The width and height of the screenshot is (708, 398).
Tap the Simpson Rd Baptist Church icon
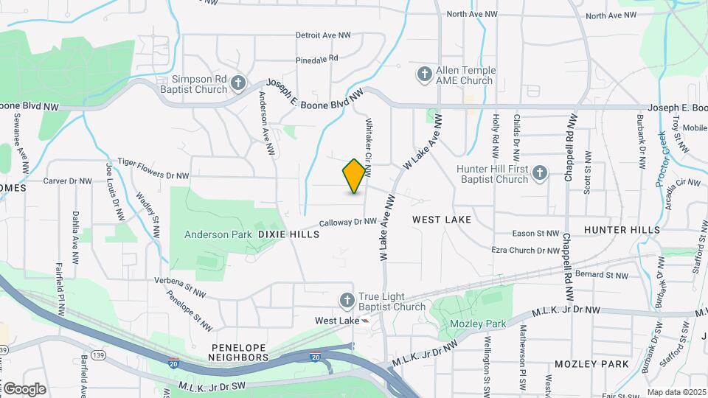[x=237, y=83]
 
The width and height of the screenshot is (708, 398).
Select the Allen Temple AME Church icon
[x=424, y=74]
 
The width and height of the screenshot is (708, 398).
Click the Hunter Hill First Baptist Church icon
[x=539, y=173]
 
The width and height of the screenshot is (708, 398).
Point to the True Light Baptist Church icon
[x=347, y=300]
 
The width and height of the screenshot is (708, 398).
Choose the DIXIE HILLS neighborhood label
[x=288, y=234]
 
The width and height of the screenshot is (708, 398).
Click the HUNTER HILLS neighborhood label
[x=622, y=230]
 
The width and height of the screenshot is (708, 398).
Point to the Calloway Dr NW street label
[x=348, y=221]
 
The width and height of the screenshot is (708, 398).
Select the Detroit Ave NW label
[x=323, y=35]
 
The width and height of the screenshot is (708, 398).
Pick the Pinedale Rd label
[x=316, y=57]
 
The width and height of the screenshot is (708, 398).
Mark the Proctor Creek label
[x=660, y=158]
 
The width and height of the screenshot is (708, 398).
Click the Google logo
[x=24, y=388]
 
